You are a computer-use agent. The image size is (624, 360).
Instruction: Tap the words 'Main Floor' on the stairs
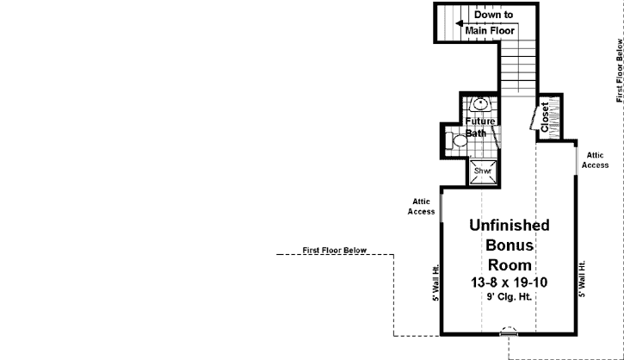coord(490,31)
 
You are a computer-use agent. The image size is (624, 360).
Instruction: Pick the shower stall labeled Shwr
coord(482,171)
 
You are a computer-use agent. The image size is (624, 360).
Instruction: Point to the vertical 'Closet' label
coord(545,116)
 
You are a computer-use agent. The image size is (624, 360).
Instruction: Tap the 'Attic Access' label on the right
coord(596,160)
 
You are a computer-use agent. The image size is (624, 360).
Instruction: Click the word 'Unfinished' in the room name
coord(510,226)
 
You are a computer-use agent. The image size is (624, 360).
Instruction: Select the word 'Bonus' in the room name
coord(510,245)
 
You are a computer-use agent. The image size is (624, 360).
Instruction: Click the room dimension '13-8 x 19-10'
coord(510,282)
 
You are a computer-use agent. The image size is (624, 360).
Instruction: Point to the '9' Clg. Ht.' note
coord(510,297)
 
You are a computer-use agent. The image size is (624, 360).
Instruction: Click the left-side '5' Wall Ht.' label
coord(436,282)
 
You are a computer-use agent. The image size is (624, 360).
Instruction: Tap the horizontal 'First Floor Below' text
coord(335,251)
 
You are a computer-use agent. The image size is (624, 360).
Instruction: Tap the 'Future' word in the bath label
coord(481,121)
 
